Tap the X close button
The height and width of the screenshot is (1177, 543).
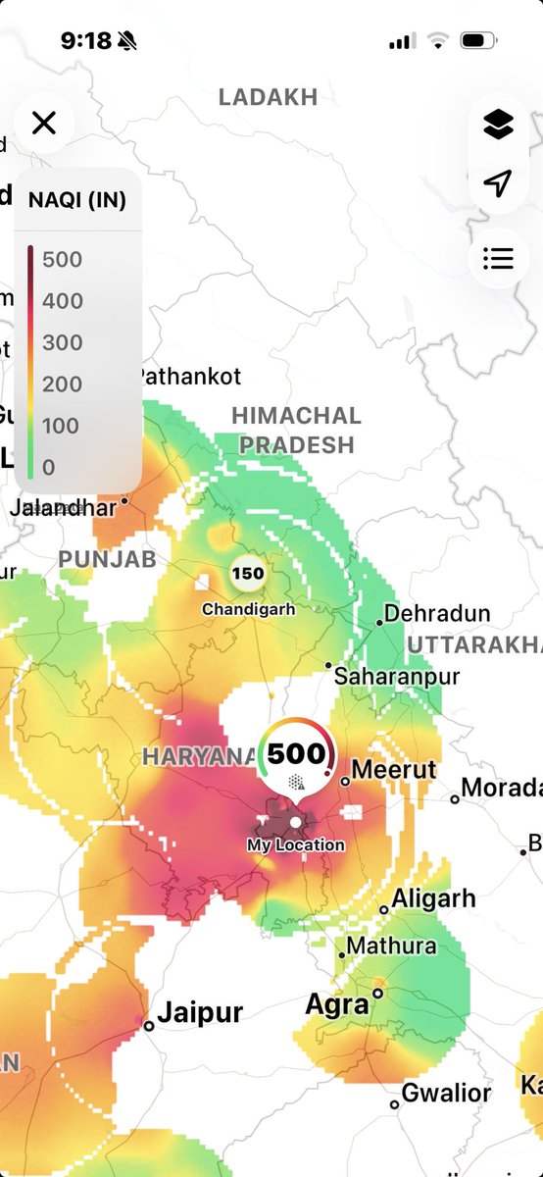click(44, 123)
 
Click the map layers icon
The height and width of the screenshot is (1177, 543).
click(498, 125)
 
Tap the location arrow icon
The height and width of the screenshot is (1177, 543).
click(498, 183)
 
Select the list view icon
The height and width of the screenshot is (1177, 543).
click(498, 258)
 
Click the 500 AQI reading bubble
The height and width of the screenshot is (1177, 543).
click(296, 755)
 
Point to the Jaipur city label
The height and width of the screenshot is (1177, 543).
click(200, 1012)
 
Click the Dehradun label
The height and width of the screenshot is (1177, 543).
click(436, 614)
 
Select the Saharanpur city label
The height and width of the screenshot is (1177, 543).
click(396, 676)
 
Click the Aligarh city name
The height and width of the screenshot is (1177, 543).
click(433, 897)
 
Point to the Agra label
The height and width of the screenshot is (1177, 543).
click(337, 1004)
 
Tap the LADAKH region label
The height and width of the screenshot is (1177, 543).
click(268, 97)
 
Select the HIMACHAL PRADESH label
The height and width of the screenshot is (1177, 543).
click(296, 430)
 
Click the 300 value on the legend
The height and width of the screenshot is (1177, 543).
click(62, 342)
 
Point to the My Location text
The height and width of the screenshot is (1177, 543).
click(296, 844)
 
